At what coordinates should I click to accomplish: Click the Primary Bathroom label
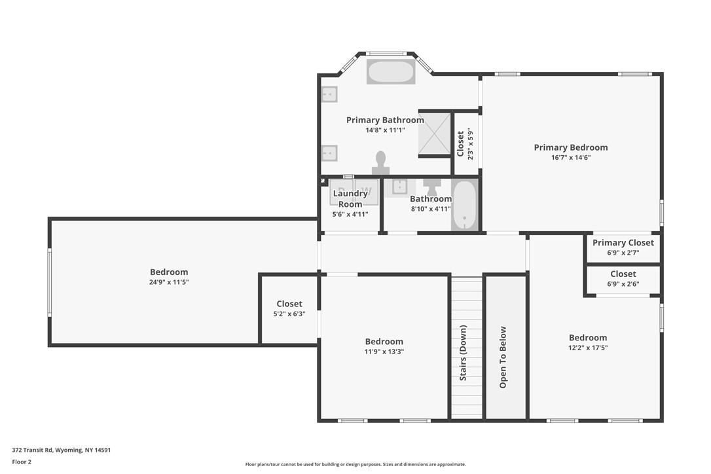pyautogui.click(x=385, y=120)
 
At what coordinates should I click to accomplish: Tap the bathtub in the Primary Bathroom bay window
pyautogui.click(x=391, y=72)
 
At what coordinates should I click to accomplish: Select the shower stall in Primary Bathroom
pyautogui.click(x=435, y=134)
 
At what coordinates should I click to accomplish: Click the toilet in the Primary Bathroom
pyautogui.click(x=380, y=162)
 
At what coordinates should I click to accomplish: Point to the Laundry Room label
pyautogui.click(x=350, y=198)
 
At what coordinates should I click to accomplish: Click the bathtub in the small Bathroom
pyautogui.click(x=464, y=205)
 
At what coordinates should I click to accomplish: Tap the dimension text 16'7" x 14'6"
pyautogui.click(x=570, y=158)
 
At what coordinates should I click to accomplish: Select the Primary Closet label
pyautogui.click(x=623, y=243)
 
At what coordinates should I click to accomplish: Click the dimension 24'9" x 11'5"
pyautogui.click(x=169, y=282)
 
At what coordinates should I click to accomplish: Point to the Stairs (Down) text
pyautogui.click(x=463, y=353)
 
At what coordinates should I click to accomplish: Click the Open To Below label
pyautogui.click(x=503, y=357)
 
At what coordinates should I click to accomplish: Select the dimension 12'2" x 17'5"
pyautogui.click(x=588, y=348)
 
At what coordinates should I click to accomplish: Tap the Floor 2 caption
pyautogui.click(x=22, y=462)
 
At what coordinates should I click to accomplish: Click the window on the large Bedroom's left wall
pyautogui.click(x=49, y=282)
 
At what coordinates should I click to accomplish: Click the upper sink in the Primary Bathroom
pyautogui.click(x=329, y=94)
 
